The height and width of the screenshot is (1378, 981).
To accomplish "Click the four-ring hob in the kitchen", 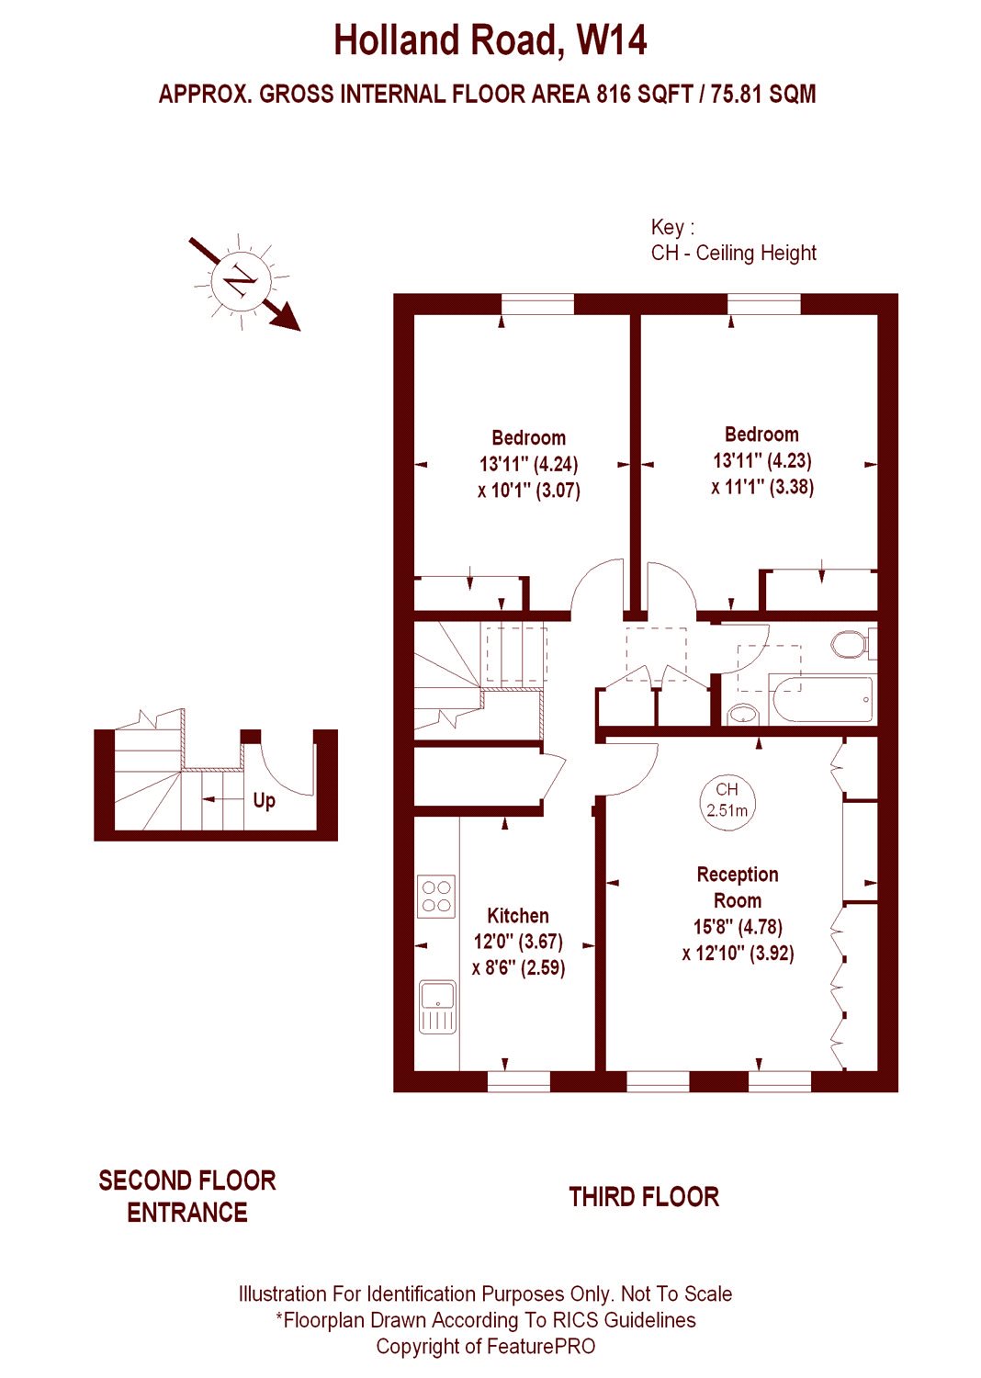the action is [436, 896].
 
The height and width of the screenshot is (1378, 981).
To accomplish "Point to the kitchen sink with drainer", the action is [438, 1007].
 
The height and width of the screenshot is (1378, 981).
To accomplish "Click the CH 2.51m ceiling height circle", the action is [727, 800].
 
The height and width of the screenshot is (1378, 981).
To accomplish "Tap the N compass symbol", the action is [241, 282].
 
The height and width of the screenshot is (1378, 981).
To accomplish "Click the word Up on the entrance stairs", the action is [264, 801].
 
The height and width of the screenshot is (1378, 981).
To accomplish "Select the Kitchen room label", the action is [518, 915].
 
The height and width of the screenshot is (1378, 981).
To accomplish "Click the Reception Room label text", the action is [738, 887].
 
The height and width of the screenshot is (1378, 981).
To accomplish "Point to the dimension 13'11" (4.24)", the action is [529, 464].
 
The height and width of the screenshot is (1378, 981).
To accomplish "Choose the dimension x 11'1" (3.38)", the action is [762, 487].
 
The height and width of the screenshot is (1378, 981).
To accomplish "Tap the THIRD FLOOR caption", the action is [644, 1197].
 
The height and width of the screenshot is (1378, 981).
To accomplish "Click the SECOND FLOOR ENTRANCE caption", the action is [187, 1196].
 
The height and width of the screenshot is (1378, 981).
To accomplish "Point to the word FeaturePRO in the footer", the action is [541, 1347].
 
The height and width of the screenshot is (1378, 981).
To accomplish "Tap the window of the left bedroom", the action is [537, 304].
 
